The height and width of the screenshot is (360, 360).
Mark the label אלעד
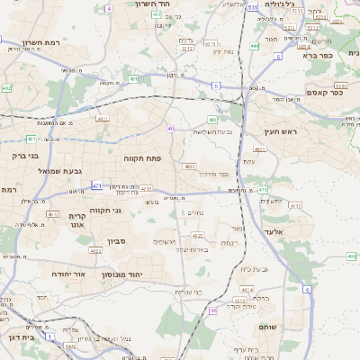click(274, 231)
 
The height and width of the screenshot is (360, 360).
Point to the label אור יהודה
click(68, 273)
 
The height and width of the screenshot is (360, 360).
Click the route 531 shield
click(253, 7)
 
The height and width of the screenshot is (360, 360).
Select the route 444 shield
click(256, 45)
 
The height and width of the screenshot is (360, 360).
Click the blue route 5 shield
click(216, 85)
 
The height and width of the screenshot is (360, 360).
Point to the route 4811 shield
click(103, 118)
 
